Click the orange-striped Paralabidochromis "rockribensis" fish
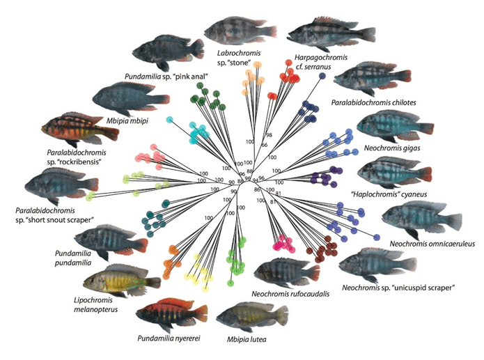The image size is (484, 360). point(76,129)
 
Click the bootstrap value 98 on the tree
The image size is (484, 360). point(267,134)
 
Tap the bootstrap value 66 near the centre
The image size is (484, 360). point(263,144)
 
